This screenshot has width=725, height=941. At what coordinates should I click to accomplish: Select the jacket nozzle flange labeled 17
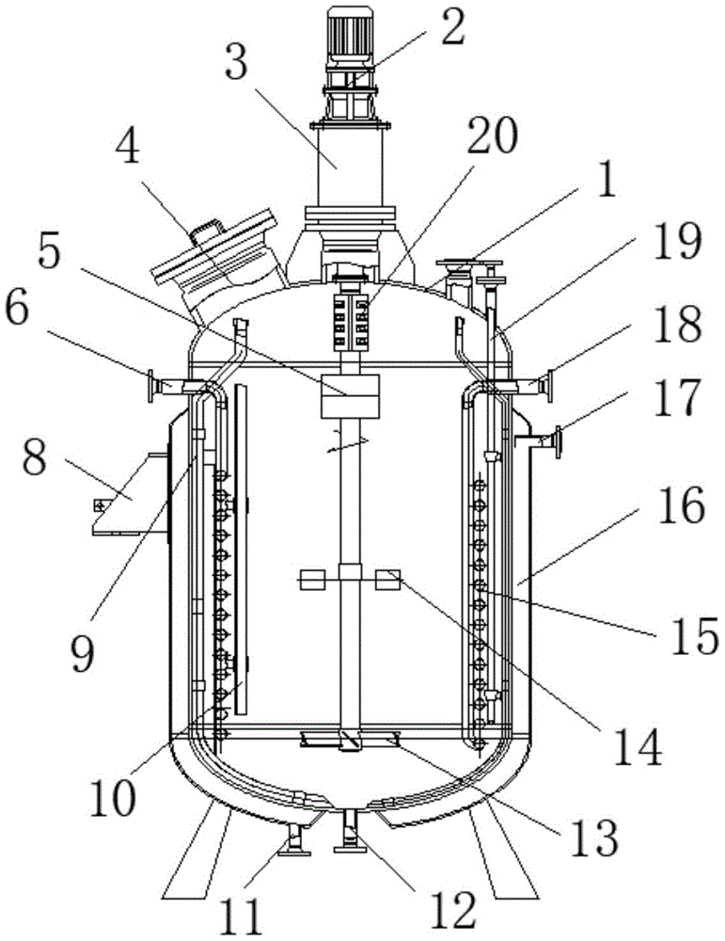point(554,439)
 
